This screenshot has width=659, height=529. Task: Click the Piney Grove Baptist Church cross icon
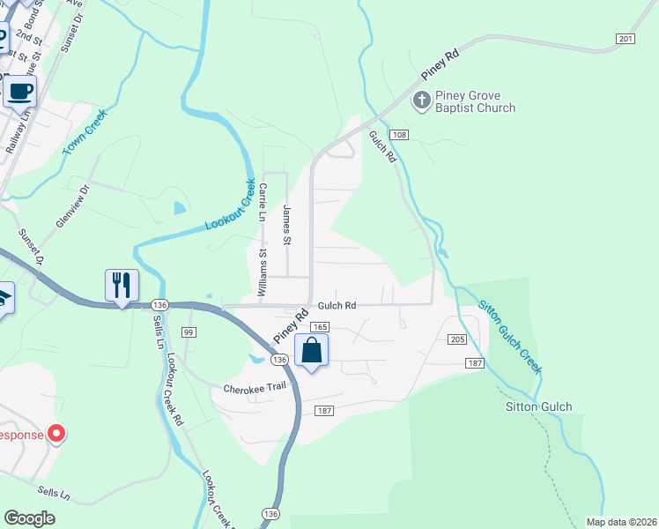click(x=422, y=101)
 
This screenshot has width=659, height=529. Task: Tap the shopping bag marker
click(x=311, y=350)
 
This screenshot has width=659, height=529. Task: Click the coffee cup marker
click(x=21, y=90)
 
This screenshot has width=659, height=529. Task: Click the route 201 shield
click(x=625, y=39)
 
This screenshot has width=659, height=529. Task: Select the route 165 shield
click(x=319, y=326)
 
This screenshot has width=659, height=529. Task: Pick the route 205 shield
click(x=456, y=339)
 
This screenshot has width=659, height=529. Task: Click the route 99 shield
click(x=189, y=332)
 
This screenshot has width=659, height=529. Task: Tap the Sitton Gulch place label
click(x=539, y=407)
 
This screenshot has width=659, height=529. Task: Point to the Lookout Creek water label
click(x=230, y=206)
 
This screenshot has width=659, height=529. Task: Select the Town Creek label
click(x=85, y=131)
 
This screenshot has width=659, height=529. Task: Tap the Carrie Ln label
click(x=263, y=202)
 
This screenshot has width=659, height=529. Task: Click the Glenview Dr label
click(x=73, y=206)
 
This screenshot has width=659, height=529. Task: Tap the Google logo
click(x=30, y=518)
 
